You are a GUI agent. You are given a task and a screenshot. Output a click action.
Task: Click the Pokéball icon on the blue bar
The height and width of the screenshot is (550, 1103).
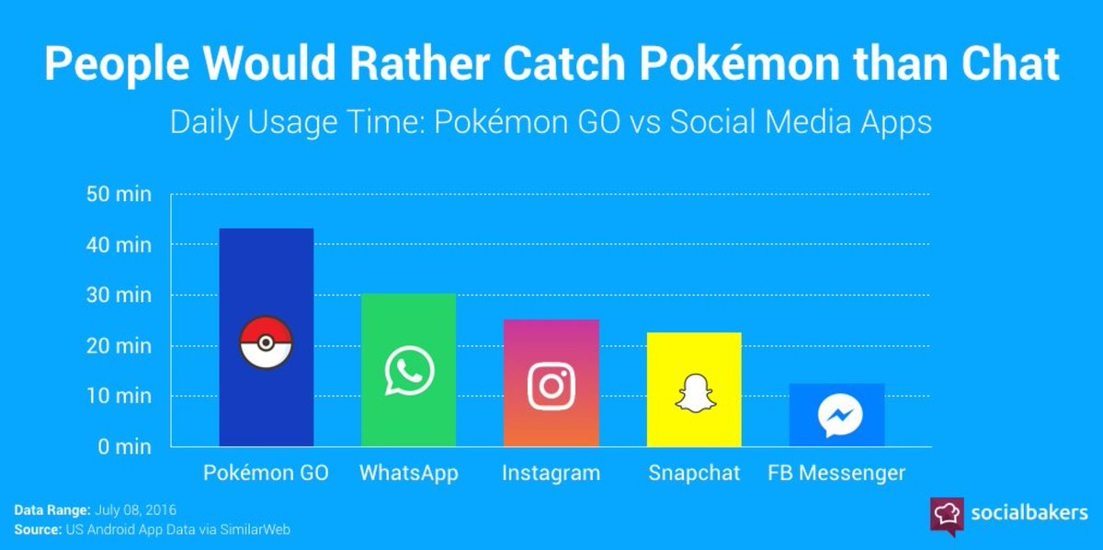point(265,344)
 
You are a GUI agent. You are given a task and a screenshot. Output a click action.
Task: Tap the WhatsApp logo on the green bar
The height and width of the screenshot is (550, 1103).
point(408,370)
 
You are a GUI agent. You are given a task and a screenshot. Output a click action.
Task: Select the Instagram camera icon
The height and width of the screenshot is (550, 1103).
point(551,386)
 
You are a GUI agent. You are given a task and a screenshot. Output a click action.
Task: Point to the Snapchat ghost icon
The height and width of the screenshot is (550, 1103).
point(694,392)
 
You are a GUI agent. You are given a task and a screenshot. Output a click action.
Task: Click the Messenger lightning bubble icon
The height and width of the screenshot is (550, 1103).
point(838,416)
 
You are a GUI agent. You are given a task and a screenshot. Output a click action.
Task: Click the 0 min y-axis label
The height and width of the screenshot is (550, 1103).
point(125,447)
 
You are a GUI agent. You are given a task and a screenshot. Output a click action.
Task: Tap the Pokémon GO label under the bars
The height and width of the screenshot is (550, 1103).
point(266,474)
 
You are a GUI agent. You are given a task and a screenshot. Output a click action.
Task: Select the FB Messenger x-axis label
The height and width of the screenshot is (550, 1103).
point(836,474)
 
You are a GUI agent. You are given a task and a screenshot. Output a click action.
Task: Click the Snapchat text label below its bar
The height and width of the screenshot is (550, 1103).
point(694,474)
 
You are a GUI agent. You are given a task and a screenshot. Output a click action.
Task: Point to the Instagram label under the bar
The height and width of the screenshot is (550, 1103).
point(551,474)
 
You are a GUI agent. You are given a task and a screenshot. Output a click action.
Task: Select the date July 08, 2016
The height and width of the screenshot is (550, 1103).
point(134,510)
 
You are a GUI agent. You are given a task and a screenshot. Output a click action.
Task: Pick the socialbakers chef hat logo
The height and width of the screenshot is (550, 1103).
point(947,515)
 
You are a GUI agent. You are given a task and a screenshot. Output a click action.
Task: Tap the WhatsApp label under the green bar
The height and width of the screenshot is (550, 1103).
point(408,474)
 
